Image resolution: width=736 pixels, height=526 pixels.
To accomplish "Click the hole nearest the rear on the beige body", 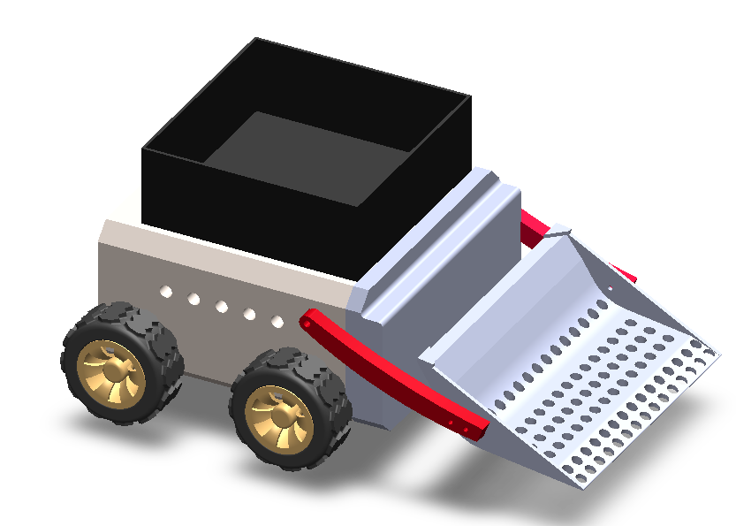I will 165,291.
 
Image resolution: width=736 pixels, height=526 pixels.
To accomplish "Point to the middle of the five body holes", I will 221,307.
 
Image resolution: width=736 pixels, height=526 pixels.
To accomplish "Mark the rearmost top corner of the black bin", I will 256,39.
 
